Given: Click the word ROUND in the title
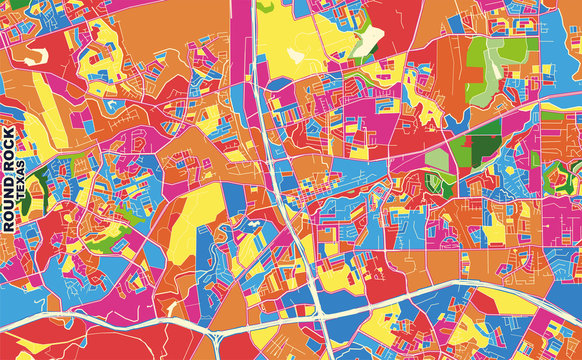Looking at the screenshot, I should pos(9,205).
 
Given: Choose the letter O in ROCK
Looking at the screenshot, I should pos(9,163).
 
